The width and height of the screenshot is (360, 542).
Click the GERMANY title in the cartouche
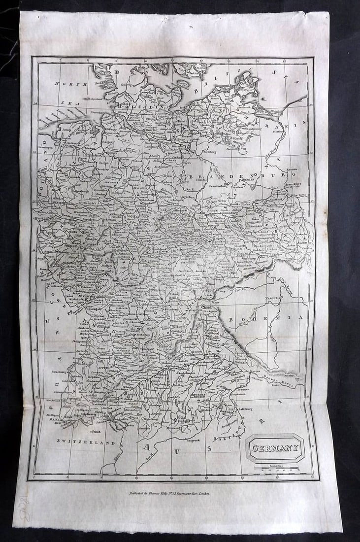pyautogui.click(x=275, y=448)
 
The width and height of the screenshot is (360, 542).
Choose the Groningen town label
pyautogui.click(x=46, y=147)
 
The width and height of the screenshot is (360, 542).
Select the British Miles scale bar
pyautogui.click(x=275, y=468)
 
